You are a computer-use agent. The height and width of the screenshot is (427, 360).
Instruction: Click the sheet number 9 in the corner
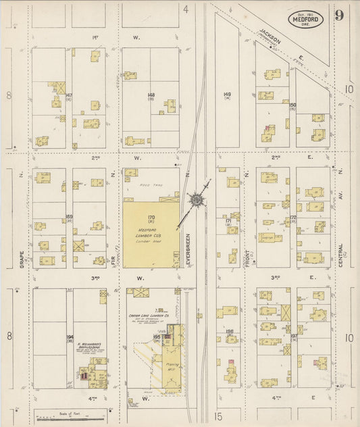(x=338, y=16)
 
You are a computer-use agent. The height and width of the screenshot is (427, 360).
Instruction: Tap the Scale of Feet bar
(x=70, y=418)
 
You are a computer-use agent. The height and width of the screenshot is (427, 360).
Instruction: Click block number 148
(x=151, y=96)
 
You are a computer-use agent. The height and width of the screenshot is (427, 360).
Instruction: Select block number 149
(x=227, y=95)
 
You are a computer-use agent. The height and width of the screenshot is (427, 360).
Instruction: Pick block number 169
(x=69, y=217)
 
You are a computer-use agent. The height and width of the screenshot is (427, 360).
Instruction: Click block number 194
(x=69, y=336)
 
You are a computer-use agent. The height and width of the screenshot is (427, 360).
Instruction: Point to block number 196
(x=229, y=332)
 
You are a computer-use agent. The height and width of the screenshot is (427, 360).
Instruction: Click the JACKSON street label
(x=270, y=41)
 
